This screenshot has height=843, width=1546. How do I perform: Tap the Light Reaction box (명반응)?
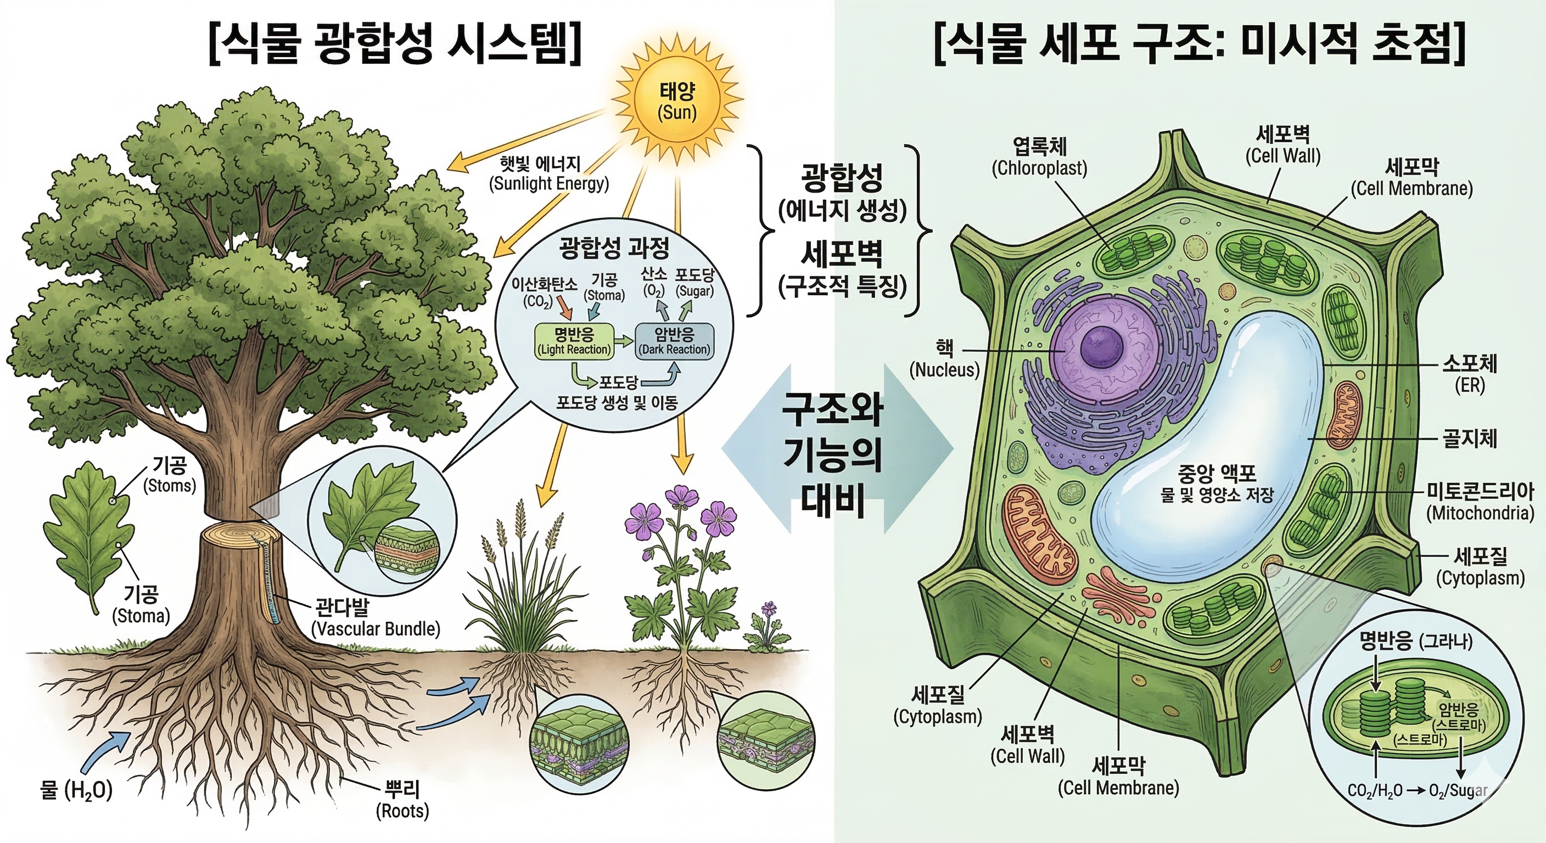pos(574,341)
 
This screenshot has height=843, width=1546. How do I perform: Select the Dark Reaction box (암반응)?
pos(674,341)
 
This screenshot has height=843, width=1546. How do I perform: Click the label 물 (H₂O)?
pos(76,790)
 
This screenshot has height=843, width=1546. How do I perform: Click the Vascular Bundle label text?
pos(376,628)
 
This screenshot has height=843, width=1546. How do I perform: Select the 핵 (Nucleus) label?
pos(944,359)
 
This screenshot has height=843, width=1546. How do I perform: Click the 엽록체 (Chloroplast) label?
pos(1039,157)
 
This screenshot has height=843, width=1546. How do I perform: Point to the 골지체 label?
pos(1469,438)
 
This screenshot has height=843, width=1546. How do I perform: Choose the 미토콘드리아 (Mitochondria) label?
pos(1480,502)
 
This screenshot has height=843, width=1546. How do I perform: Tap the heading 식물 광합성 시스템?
pos(395,43)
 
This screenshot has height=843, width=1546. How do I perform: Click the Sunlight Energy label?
pos(548,174)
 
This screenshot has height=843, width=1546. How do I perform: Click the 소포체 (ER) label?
pos(1470,373)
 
